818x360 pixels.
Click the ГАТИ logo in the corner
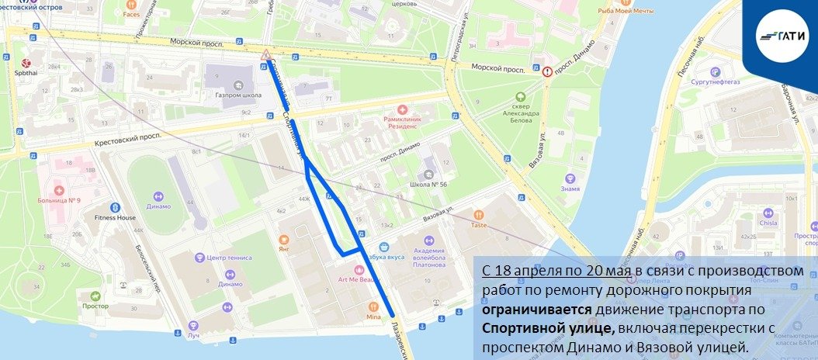pos(781,36)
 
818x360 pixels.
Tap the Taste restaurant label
pos(478,224)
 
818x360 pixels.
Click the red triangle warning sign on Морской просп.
pos(266,54)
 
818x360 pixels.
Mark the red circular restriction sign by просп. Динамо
pos(548,71)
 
